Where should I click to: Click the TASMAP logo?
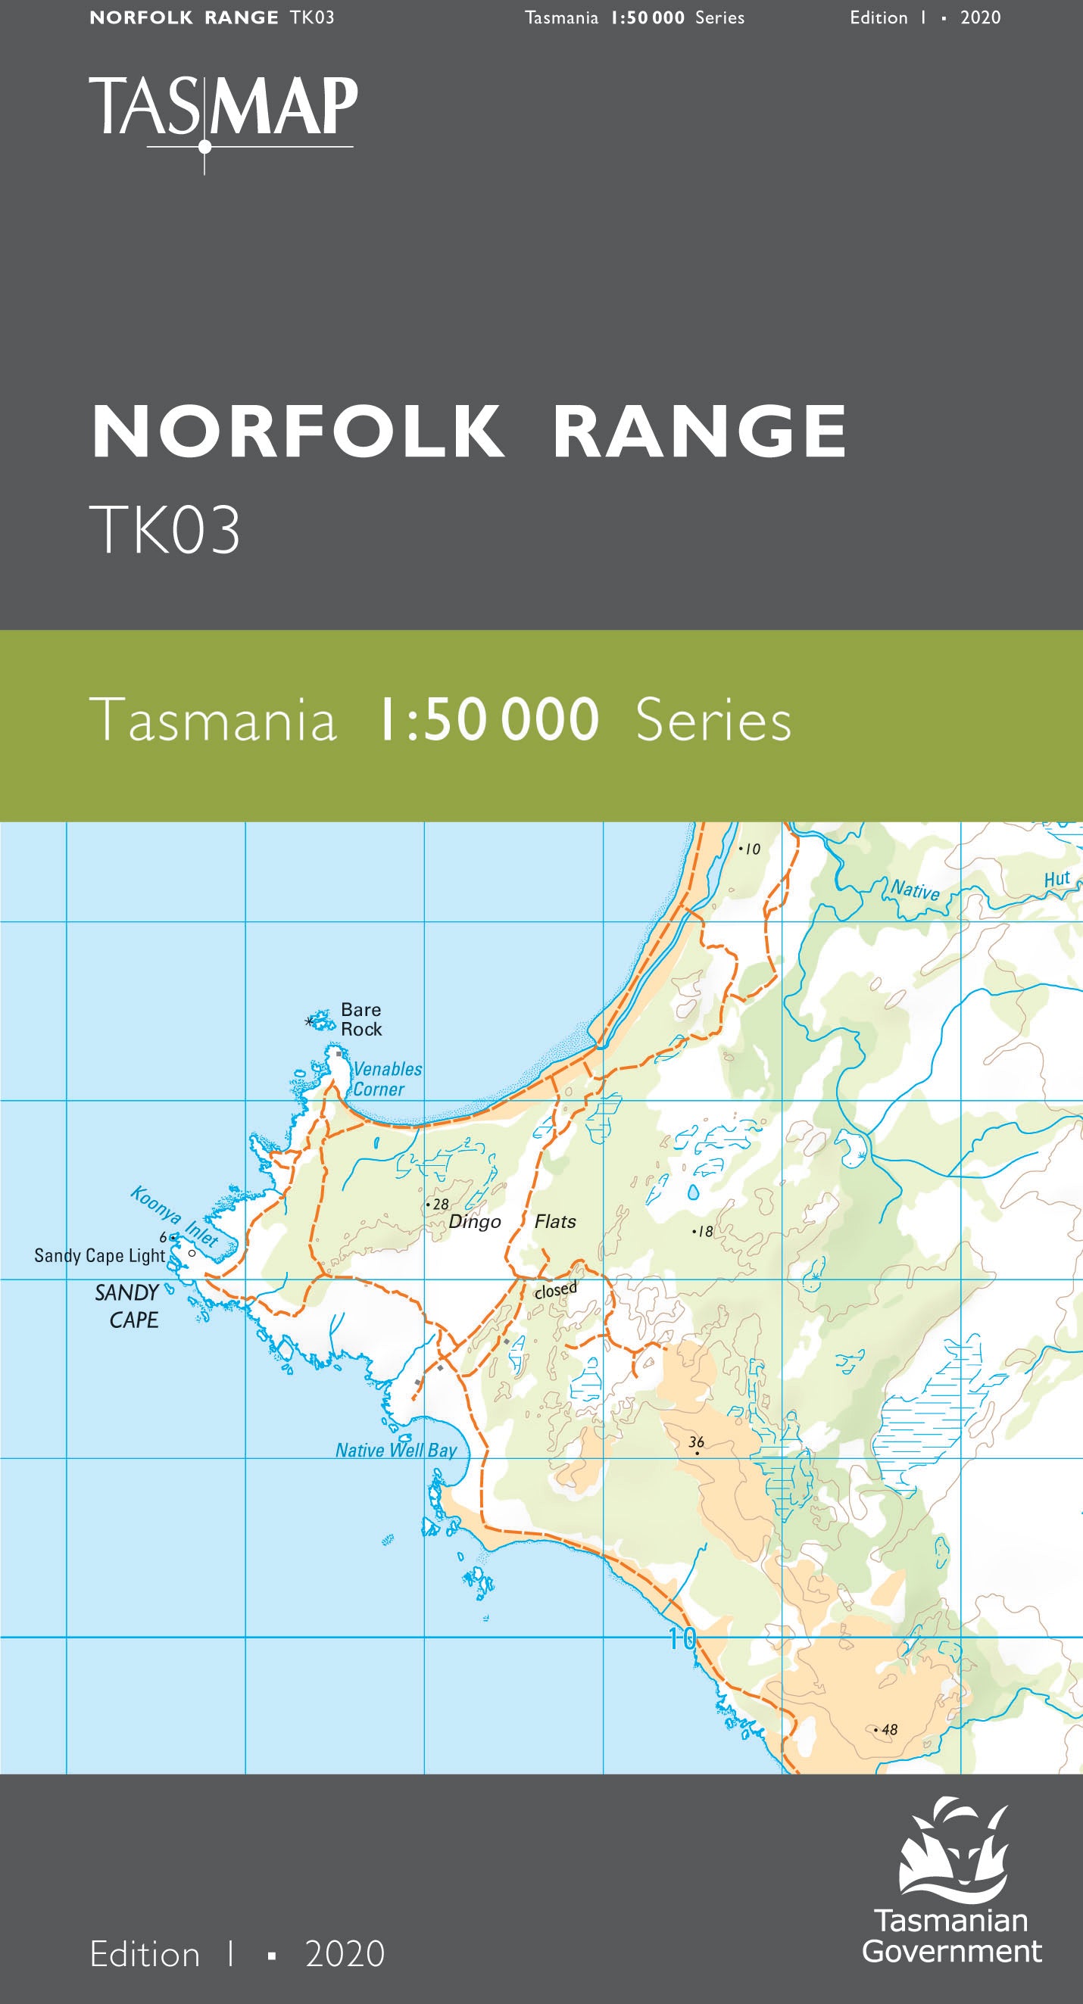pyautogui.click(x=223, y=109)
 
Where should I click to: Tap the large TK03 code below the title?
pyautogui.click(x=165, y=530)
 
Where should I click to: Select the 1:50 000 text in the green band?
pyautogui.click(x=488, y=719)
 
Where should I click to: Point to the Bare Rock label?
pyautogui.click(x=361, y=1019)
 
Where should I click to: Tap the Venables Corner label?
pyautogui.click(x=387, y=1079)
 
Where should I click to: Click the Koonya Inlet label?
pyautogui.click(x=173, y=1217)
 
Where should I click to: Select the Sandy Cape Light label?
pyautogui.click(x=99, y=1255)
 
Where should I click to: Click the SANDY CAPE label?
pyautogui.click(x=129, y=1306)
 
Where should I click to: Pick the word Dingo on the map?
pyautogui.click(x=475, y=1222)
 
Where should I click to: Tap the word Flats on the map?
pyautogui.click(x=554, y=1221)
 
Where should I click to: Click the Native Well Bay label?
pyautogui.click(x=396, y=1450)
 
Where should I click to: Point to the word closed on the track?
pyautogui.click(x=555, y=1290)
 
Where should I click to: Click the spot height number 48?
pyautogui.click(x=889, y=1729)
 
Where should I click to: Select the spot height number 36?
pyautogui.click(x=696, y=1441)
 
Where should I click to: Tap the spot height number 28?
pyautogui.click(x=440, y=1205)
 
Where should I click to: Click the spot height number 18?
pyautogui.click(x=705, y=1232)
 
